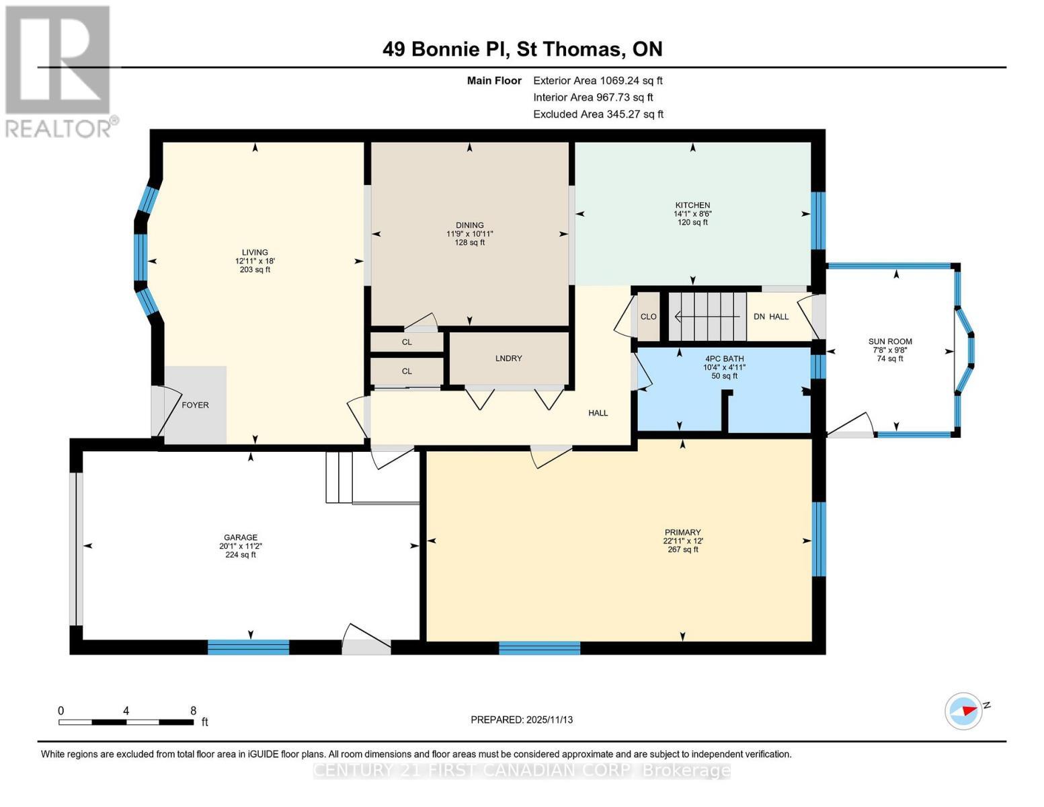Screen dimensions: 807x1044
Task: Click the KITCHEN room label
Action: [x=692, y=205]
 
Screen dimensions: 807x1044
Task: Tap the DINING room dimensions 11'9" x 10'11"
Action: [x=469, y=234]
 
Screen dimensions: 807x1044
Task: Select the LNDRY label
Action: [x=508, y=358]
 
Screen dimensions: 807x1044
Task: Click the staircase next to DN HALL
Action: [x=707, y=316]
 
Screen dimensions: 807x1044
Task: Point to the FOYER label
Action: [x=195, y=405]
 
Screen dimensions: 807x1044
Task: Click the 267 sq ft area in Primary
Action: [x=682, y=549]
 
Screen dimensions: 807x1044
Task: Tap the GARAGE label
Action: [x=241, y=537]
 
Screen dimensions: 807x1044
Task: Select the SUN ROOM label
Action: [x=889, y=342]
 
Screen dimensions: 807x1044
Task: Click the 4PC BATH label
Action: [x=724, y=358]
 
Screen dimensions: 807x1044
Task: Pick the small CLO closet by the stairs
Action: [x=648, y=317]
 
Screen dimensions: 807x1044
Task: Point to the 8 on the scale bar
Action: [x=193, y=711]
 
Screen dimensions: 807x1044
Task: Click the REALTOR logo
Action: [x=58, y=71]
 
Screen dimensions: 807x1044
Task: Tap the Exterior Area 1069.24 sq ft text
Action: [x=598, y=81]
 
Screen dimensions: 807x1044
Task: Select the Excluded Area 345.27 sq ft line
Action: [x=598, y=114]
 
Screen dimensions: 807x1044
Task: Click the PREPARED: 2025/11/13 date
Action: [x=522, y=720]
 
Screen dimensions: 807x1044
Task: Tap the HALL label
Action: [x=598, y=413]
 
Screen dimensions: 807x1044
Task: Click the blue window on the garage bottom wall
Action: [x=248, y=647]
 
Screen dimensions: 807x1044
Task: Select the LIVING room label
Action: [x=255, y=253]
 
